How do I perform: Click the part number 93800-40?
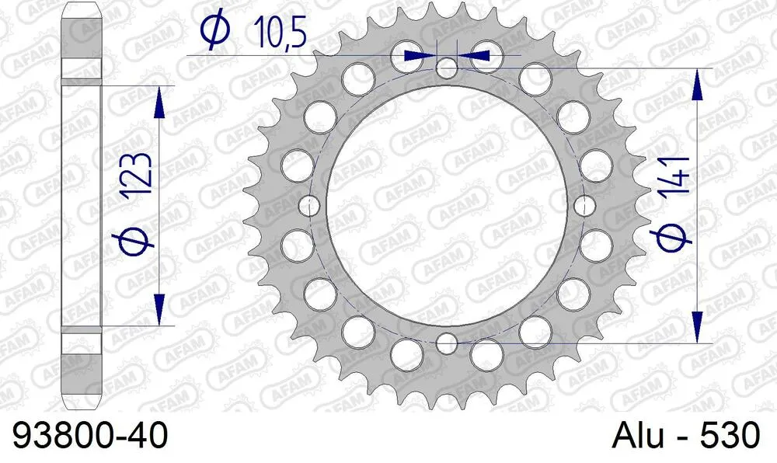(x=90, y=435)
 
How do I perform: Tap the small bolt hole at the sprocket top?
(x=447, y=68)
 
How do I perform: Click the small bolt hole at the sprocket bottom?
(x=447, y=342)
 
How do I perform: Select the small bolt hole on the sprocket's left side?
(x=310, y=205)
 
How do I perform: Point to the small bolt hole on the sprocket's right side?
(x=584, y=205)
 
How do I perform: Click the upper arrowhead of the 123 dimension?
(x=159, y=101)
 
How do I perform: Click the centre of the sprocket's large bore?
(x=447, y=205)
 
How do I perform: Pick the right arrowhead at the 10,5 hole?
(x=476, y=56)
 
